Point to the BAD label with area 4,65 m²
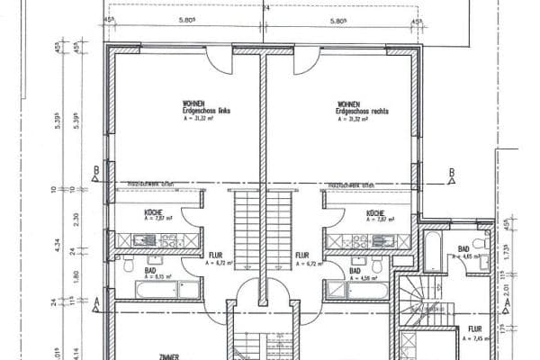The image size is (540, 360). click(x=463, y=248)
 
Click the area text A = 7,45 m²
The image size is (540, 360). click(x=476, y=338)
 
